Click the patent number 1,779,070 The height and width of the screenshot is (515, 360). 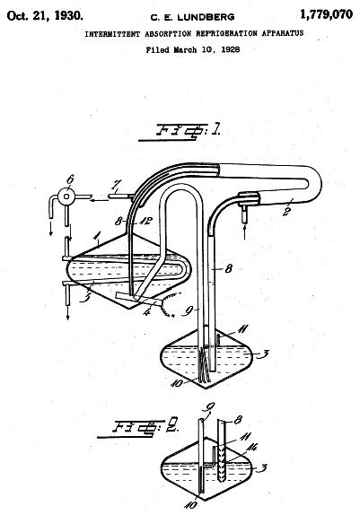click(326, 14)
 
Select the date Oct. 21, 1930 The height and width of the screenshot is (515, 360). click(45, 16)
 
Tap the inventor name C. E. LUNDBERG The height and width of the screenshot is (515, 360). click(192, 17)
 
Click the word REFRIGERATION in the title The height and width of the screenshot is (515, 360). click(226, 33)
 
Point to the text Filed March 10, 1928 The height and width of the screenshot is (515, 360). click(193, 50)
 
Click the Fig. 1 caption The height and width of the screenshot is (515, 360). click(180, 132)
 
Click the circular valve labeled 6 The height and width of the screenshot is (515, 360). click(66, 196)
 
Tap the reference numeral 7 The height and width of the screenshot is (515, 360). click(116, 185)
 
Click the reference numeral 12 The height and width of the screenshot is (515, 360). click(145, 221)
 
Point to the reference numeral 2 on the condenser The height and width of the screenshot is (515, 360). click(288, 211)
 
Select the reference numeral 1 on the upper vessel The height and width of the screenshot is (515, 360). click(96, 235)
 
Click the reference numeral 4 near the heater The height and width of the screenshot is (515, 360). click(147, 311)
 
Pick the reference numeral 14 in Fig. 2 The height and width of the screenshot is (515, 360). click(251, 448)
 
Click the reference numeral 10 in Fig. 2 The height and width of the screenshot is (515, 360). click(190, 504)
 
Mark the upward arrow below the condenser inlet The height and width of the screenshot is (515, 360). click(244, 231)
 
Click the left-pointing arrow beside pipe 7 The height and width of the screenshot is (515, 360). click(99, 199)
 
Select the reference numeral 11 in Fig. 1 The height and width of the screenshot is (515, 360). click(242, 329)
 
